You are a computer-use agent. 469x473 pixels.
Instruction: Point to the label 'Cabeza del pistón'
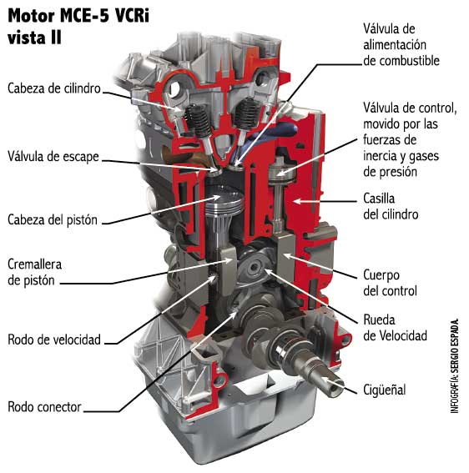tap(53, 219)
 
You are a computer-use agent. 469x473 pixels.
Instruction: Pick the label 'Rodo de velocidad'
tap(54, 339)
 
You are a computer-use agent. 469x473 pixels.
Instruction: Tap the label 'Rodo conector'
tap(44, 407)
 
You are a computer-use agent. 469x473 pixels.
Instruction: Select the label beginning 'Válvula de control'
tap(410, 139)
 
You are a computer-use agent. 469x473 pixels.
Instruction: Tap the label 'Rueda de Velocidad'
tap(395, 328)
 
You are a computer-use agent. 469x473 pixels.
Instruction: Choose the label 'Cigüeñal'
tap(387, 389)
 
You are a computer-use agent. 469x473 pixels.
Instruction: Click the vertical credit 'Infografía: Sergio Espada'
tap(455, 365)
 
